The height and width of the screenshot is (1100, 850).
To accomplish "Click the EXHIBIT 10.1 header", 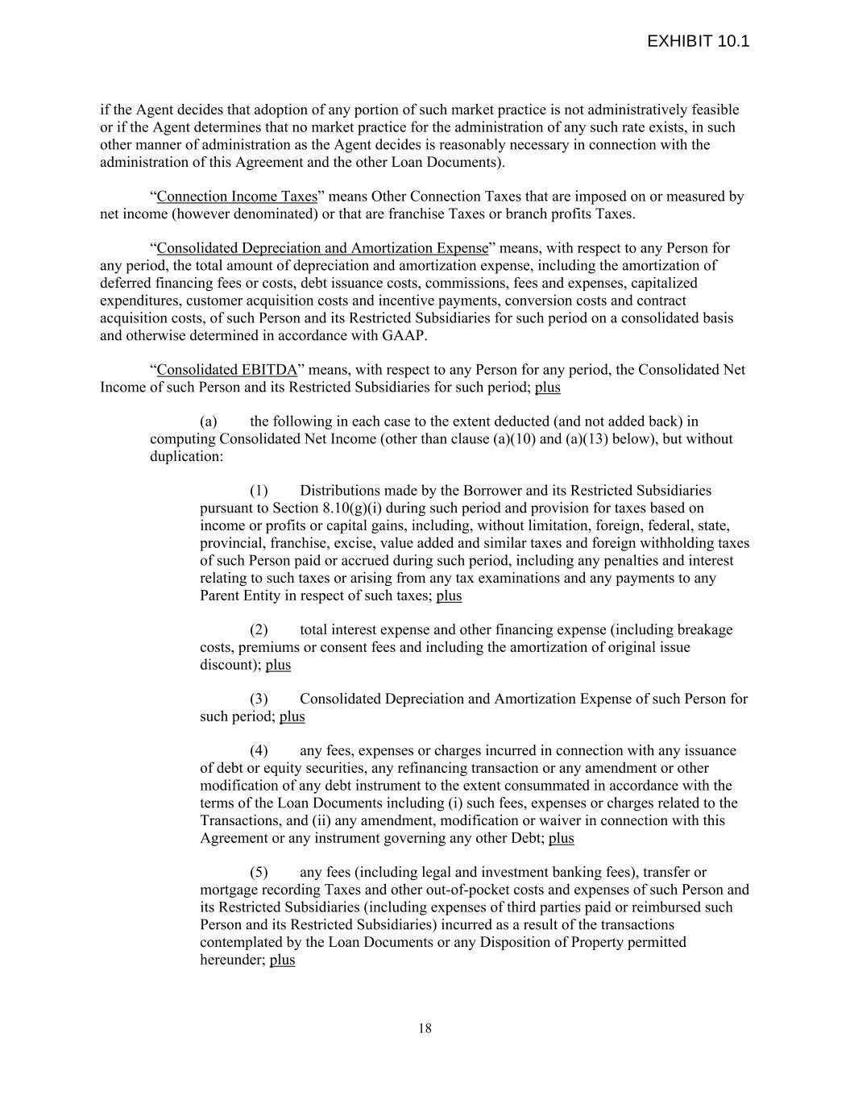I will (698, 41).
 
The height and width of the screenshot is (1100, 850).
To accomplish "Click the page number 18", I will (425, 1027).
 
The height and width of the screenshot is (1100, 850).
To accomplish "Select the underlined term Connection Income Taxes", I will (237, 197).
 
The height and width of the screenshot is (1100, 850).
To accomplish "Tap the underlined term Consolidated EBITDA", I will (226, 370).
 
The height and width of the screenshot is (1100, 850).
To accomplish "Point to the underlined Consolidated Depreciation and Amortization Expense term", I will (322, 248).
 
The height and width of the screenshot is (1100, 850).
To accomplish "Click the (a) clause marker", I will (208, 421).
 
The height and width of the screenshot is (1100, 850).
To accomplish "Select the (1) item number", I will (258, 491).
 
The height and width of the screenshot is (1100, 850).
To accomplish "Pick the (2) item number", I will (258, 630).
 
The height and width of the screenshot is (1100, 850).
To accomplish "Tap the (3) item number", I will (258, 699).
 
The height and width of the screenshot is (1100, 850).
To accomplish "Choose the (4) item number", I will (258, 751).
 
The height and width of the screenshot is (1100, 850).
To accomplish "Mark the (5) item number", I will (258, 873).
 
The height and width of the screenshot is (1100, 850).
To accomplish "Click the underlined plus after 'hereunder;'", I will (282, 961).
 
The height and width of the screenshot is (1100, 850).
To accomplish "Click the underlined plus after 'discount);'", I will (278, 665).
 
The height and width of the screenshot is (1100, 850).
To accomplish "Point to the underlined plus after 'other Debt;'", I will (562, 838).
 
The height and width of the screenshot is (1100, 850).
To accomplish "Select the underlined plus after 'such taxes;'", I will (449, 596).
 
